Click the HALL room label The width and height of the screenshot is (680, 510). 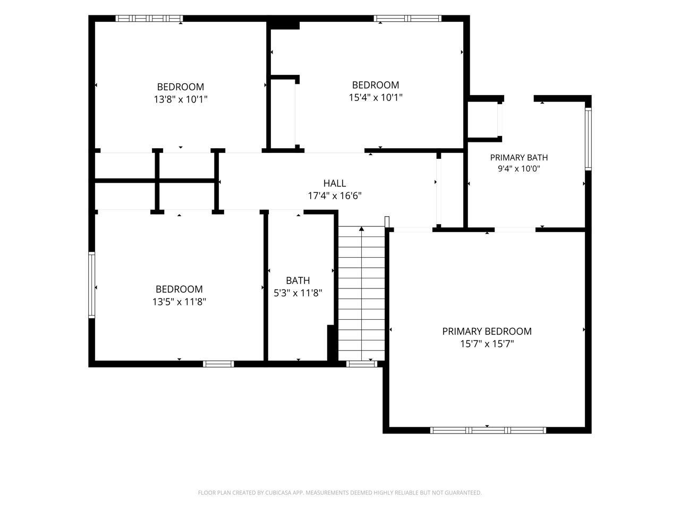tap(335, 183)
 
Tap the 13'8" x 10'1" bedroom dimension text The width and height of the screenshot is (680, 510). tap(181, 99)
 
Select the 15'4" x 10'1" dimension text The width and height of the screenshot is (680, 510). tap(376, 98)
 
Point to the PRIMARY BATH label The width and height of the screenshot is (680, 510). tap(519, 158)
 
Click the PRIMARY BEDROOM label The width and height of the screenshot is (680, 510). tap(487, 331)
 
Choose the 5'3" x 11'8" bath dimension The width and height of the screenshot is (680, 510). tap(298, 293)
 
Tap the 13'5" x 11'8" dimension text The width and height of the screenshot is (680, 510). tap(179, 302)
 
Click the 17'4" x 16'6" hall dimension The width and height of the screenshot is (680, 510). tap(335, 195)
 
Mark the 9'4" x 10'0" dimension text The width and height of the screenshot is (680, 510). tap(519, 169)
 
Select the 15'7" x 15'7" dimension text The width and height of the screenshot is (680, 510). tap(487, 344)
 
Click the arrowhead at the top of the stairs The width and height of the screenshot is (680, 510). tap(362, 229)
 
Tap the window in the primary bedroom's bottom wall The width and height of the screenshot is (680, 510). tap(488, 430)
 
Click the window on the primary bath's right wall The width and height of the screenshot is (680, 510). tap(588, 139)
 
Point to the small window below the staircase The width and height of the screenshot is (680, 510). tap(362, 364)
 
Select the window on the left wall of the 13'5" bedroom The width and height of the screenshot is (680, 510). tap(92, 285)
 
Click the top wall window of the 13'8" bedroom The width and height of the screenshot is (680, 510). tap(149, 18)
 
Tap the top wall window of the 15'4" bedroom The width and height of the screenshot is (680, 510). tap(407, 18)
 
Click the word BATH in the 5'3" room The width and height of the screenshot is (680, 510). tap(298, 280)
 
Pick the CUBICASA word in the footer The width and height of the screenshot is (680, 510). tap(278, 492)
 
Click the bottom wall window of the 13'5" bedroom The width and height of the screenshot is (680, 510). tap(218, 364)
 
